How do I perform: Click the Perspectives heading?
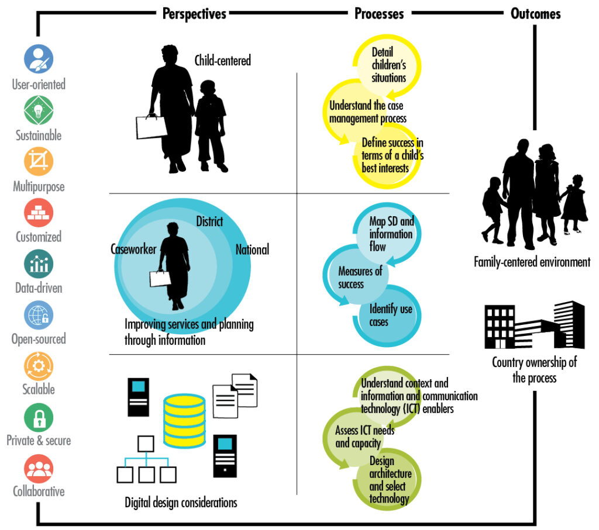point(194,13)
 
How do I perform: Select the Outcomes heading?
point(535,13)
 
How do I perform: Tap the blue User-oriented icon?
point(39,59)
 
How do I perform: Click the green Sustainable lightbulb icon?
point(39,110)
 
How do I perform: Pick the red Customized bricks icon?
point(39,212)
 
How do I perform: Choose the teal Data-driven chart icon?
point(39,264)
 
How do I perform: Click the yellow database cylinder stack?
point(184,420)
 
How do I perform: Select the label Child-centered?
point(222,60)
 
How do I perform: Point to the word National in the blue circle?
point(252,250)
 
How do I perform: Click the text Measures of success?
point(359,278)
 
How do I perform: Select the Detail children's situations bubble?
point(388,65)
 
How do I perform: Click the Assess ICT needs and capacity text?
point(364,437)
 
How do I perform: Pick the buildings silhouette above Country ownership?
point(533,325)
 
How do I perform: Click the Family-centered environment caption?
point(532,262)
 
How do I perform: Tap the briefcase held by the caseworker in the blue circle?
point(160,278)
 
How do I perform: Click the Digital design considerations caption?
point(181,502)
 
